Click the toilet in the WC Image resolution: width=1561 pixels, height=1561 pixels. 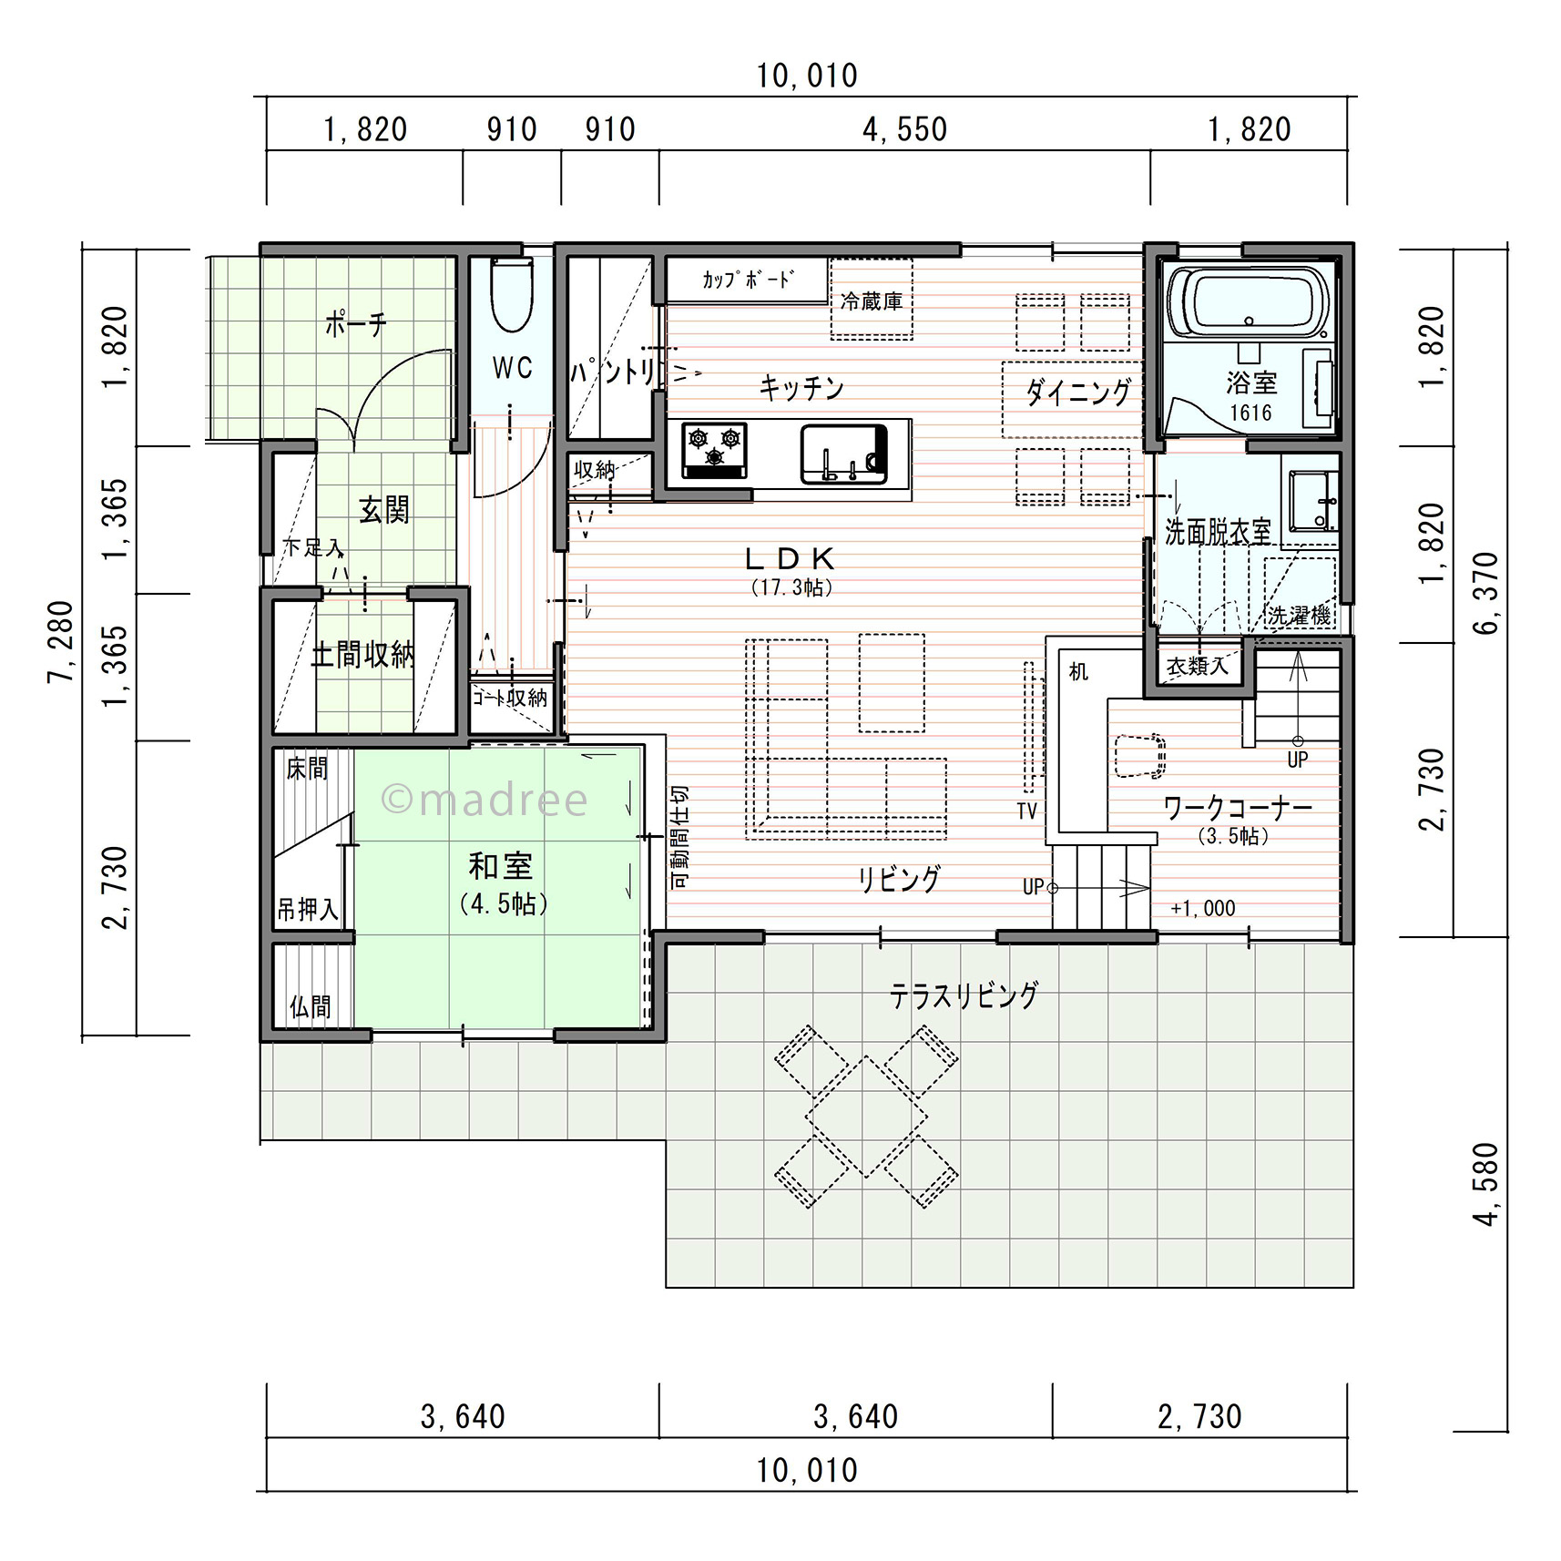coord(511,295)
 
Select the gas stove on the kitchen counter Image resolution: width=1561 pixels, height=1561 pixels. coord(715,449)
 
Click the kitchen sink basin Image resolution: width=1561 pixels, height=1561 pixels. coord(843,454)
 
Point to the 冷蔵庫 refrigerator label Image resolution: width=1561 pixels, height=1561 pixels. coord(872,301)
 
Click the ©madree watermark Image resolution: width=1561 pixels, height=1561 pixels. coord(485,800)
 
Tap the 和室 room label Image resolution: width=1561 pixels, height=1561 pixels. coord(500,865)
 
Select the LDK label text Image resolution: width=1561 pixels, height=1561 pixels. coord(791,558)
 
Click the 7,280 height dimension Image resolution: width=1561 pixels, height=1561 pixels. coord(60,641)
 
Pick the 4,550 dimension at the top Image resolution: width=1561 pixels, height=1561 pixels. coord(904,130)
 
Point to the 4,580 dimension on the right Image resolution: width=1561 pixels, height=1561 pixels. coord(1485,1184)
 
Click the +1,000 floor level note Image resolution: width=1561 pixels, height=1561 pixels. coord(1203,908)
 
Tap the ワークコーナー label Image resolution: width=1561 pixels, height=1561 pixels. coord(1238,807)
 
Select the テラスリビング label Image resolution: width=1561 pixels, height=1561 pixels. coord(964,995)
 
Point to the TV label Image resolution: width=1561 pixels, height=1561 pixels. coord(1026,811)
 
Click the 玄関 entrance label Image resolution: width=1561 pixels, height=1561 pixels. coord(384,510)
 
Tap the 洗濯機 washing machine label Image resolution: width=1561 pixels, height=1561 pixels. coord(1300,616)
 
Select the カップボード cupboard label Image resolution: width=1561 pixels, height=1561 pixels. coord(747,279)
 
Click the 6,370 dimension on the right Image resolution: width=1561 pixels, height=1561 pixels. coord(1485,593)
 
